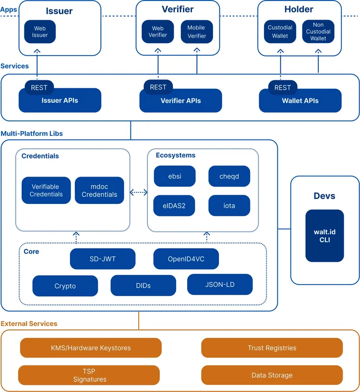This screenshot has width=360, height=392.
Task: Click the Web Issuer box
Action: tap(40, 32)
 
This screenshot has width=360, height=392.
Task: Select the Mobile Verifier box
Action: tap(197, 32)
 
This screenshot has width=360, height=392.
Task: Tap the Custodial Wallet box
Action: tap(280, 32)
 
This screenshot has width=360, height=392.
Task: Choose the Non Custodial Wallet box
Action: tap(318, 32)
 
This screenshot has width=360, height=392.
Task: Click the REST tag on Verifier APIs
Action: tap(158, 87)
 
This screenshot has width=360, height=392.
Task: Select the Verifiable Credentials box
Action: tap(46, 190)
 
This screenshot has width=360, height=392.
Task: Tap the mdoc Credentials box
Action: tap(99, 190)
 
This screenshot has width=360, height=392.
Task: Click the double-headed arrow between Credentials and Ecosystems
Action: tap(139, 192)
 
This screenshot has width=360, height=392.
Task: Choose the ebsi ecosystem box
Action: tap(174, 176)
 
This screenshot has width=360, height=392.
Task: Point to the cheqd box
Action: tap(229, 176)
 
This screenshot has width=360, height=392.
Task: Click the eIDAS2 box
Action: tap(174, 206)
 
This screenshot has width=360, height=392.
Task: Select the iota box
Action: tap(229, 206)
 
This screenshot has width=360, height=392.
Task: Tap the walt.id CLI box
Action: tap(324, 236)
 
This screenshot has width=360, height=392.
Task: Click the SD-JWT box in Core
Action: tap(103, 259)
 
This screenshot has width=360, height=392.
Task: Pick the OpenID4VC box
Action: tap(186, 259)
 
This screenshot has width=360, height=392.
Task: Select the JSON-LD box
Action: tap(220, 285)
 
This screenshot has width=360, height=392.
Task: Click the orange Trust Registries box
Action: tap(272, 348)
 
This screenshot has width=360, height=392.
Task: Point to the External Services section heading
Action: tap(29, 324)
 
